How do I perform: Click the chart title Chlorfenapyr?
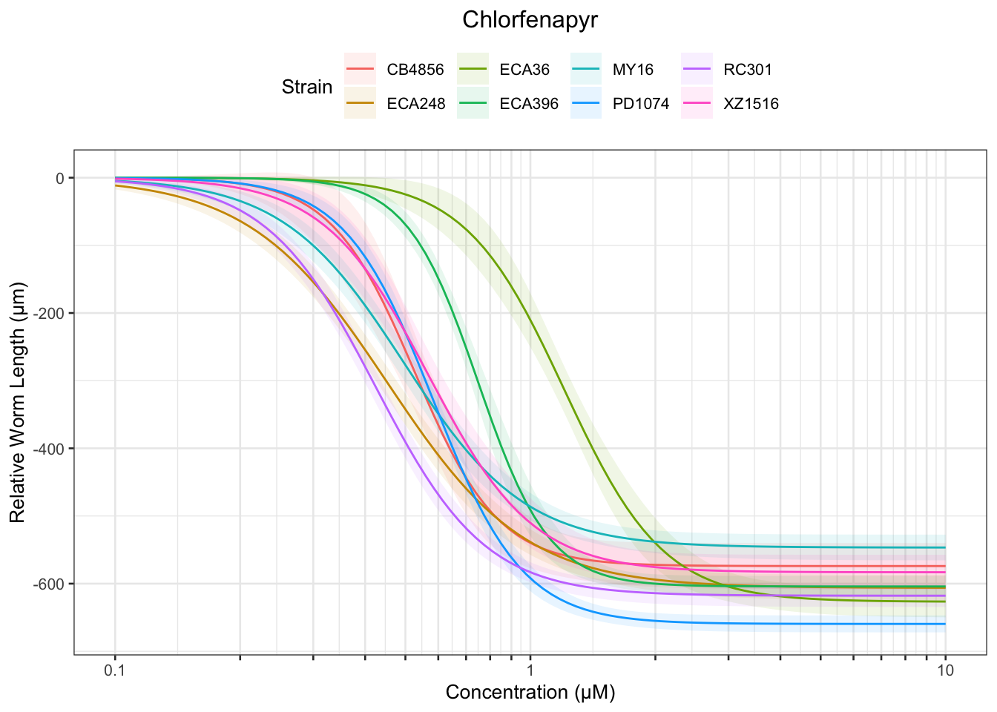[530, 20]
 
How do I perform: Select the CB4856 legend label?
[415, 70]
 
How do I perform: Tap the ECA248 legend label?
[416, 104]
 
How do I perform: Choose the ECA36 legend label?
[524, 70]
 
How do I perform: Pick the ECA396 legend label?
[529, 104]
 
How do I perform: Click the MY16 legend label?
[633, 70]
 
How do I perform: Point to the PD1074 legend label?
[641, 104]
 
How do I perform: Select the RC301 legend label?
[748, 70]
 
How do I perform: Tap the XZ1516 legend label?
[751, 104]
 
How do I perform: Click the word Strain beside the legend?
[307, 88]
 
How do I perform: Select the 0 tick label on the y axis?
[60, 178]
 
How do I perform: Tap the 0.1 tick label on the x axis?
[115, 671]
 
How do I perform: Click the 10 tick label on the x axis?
[945, 671]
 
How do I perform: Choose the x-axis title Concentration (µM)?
[530, 693]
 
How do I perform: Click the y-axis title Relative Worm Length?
[18, 402]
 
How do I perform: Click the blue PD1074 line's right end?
[944, 624]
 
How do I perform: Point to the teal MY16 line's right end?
[944, 547]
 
